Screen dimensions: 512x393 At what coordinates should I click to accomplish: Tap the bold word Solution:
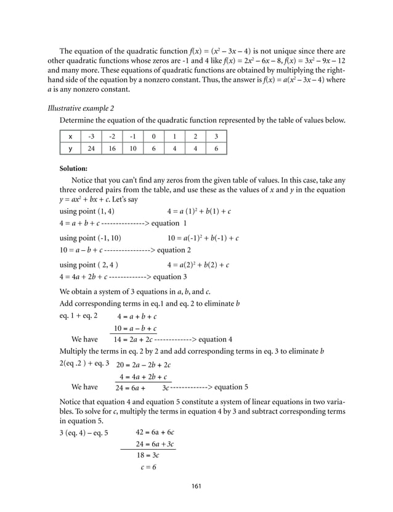click(73, 168)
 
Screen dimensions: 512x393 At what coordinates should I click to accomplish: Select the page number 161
click(197, 486)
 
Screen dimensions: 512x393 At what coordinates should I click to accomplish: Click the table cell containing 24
click(91, 148)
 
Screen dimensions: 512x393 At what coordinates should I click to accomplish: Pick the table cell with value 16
click(112, 148)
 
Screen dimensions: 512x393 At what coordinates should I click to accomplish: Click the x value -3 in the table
click(91, 136)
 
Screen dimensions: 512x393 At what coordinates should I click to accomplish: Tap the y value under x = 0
click(153, 148)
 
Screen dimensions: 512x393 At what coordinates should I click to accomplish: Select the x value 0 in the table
click(153, 136)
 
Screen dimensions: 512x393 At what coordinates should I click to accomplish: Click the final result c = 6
click(148, 467)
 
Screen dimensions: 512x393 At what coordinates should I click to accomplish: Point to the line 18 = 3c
click(148, 455)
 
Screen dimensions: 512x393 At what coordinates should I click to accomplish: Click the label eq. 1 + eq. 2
click(78, 316)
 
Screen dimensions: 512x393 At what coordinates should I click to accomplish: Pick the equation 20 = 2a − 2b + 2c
click(144, 364)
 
